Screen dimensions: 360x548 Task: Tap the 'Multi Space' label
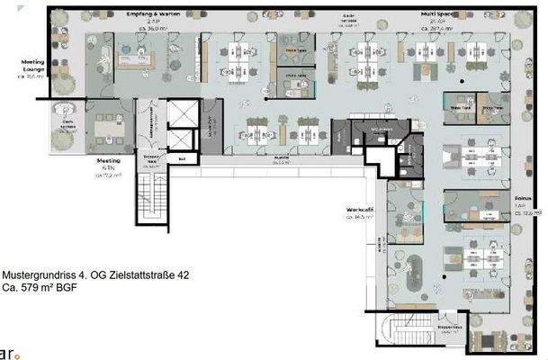pos(441,15)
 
